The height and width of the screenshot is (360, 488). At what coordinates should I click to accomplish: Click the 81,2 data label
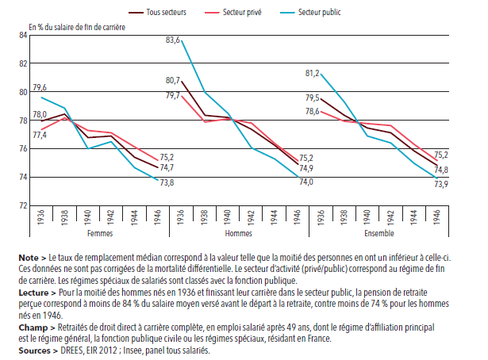313,74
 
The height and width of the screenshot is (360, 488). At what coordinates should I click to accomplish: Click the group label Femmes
99,234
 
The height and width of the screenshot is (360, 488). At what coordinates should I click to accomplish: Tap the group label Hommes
239,234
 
